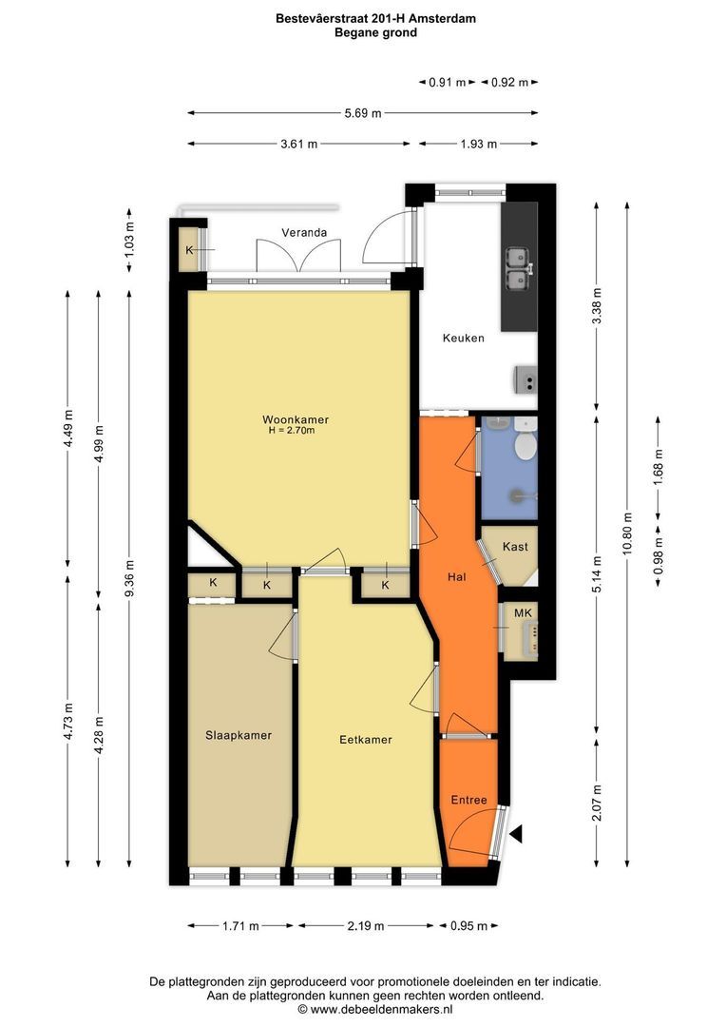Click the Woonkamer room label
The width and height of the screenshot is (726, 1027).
coord(296,419)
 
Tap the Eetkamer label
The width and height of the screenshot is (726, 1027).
coord(365,739)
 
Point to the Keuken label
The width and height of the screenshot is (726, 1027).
coord(464,338)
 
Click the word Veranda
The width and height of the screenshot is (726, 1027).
coord(304,232)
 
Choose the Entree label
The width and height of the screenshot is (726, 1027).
coord(468,800)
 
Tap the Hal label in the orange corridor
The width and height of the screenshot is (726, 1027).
coord(457,576)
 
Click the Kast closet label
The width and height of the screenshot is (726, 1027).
coord(515,547)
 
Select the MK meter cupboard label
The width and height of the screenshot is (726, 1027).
coord(523,613)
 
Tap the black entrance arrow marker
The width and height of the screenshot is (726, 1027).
coord(517,835)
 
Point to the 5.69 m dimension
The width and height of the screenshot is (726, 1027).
coord(363,113)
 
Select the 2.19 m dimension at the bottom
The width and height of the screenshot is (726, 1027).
coord(366,926)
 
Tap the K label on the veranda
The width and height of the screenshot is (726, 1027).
coord(189,249)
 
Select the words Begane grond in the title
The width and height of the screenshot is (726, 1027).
coord(375,32)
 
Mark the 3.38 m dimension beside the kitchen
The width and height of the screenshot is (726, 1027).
coord(596,305)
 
